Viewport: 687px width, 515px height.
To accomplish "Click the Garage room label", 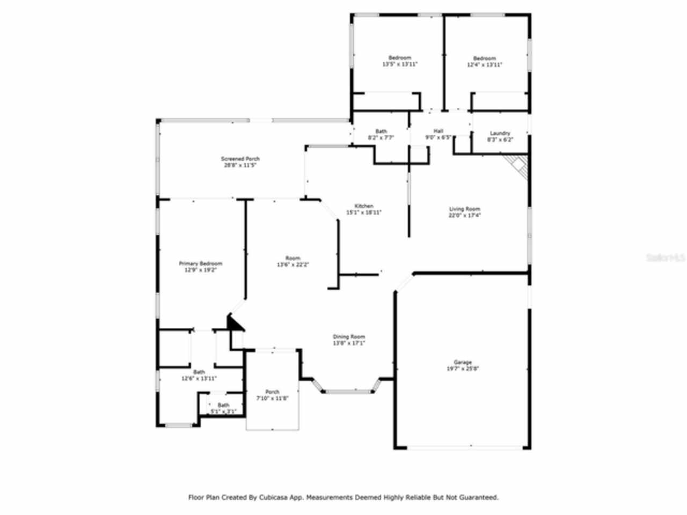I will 463,363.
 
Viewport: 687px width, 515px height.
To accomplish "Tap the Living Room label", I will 464,209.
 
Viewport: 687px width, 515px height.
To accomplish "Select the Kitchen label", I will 363,206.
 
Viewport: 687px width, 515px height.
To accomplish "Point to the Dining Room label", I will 349,337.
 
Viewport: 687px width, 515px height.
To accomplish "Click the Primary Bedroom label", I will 200,263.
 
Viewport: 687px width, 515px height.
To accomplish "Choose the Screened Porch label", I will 240,159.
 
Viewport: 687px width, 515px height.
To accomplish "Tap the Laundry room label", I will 500,133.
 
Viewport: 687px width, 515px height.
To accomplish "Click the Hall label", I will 438,131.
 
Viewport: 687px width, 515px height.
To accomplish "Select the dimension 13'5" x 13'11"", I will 400,64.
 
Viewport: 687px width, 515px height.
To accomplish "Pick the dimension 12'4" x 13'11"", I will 484,64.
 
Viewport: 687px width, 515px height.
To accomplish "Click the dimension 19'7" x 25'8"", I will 463,369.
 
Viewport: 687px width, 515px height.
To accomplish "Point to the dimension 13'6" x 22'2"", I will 293,264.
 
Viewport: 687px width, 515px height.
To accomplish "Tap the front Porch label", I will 272,392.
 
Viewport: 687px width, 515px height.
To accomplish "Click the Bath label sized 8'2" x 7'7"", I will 381,131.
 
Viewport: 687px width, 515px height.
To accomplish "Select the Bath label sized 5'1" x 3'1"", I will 223,405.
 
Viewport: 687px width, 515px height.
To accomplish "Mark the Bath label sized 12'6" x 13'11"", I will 199,372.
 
